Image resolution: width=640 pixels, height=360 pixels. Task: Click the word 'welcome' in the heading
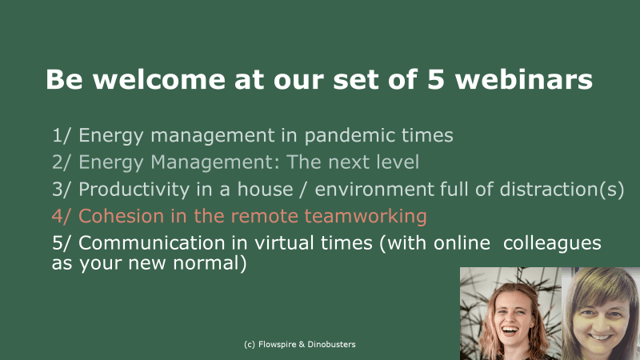click(159, 78)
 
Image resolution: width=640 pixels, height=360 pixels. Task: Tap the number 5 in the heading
click(436, 79)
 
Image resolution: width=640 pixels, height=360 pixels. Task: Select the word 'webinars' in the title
click(524, 78)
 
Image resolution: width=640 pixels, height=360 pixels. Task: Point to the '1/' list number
click(62, 135)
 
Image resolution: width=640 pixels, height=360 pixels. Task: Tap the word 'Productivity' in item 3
click(134, 190)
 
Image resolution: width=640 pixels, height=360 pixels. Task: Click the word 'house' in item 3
click(266, 189)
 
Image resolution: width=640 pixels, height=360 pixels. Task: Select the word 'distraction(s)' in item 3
click(562, 190)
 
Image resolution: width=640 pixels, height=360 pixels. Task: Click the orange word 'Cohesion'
click(122, 216)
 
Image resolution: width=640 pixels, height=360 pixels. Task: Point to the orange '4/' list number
click(62, 216)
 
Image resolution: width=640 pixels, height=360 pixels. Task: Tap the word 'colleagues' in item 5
click(552, 243)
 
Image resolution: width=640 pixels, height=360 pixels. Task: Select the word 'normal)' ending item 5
click(210, 263)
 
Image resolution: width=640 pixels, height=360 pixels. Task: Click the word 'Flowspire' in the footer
click(277, 345)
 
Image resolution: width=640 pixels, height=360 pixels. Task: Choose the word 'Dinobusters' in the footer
click(331, 344)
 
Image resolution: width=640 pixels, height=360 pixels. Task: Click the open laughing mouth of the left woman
click(510, 330)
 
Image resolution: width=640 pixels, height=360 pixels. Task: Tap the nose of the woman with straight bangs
click(600, 323)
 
